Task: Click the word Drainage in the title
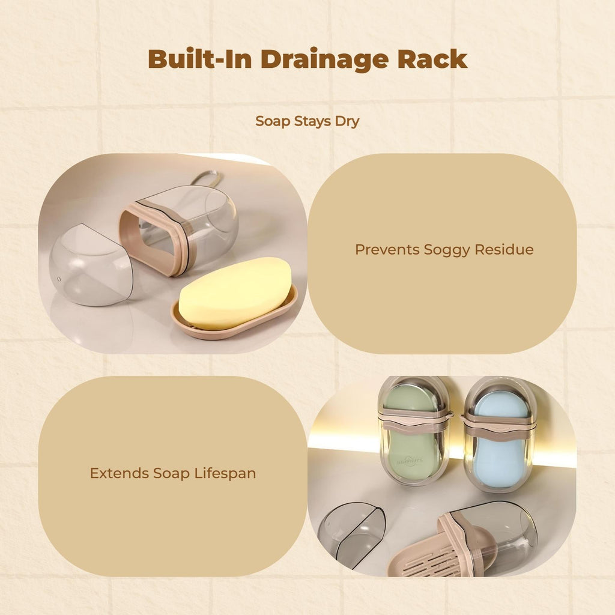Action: tap(324, 59)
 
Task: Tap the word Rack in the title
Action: tap(432, 59)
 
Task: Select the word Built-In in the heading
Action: tap(199, 59)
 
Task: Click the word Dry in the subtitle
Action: tap(347, 121)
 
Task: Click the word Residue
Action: tap(504, 249)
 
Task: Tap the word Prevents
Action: tap(387, 249)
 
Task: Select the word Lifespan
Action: tap(225, 473)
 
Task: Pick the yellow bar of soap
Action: tap(235, 292)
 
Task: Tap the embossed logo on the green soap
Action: tap(410, 460)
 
